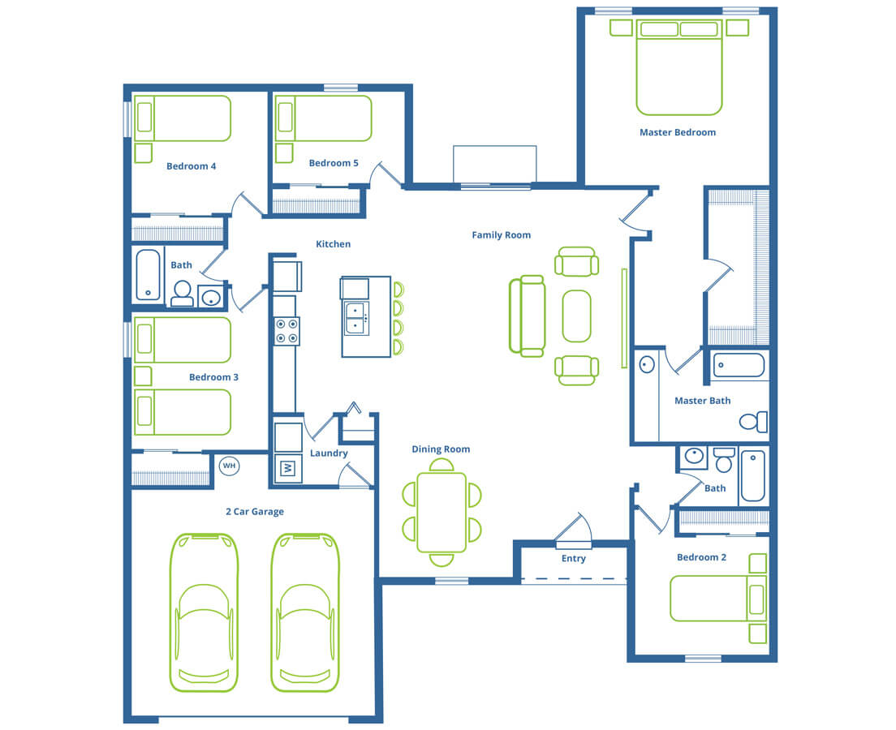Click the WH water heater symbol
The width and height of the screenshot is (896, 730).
coord(229,466)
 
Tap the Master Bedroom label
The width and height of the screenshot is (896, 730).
coord(677,132)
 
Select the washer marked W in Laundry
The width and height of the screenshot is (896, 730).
coord(288,468)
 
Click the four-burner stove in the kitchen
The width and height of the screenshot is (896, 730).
coord(286,331)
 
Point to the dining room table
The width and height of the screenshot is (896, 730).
coord(442,512)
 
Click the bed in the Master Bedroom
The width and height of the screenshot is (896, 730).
coord(678,67)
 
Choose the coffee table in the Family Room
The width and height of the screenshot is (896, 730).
coord(576,316)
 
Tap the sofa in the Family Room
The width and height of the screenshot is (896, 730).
coord(527,316)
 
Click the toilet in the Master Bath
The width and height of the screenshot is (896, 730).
coord(754,422)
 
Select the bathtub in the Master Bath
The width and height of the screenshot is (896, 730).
coord(739,366)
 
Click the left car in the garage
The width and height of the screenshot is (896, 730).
coord(204,612)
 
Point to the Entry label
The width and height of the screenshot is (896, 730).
coord(573,559)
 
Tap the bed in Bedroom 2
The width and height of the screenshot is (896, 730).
coord(718,598)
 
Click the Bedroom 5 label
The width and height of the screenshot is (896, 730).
coord(334,163)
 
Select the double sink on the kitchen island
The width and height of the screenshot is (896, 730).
coord(356,319)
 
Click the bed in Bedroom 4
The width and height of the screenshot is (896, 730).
coord(183,118)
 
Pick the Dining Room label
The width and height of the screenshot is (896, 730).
coord(442,449)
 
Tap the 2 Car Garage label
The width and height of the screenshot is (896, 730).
coord(255,512)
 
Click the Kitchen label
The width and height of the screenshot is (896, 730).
coord(333,244)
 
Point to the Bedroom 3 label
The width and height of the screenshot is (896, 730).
coord(213,377)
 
